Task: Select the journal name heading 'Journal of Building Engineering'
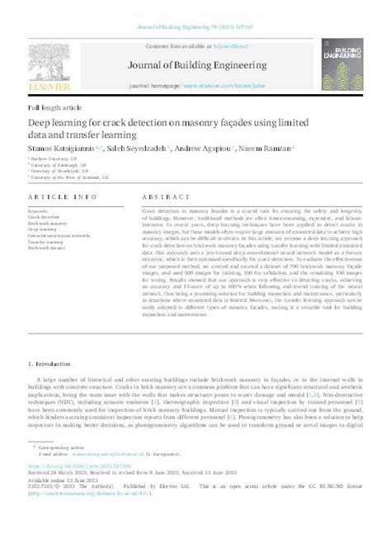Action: coord(195,73)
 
